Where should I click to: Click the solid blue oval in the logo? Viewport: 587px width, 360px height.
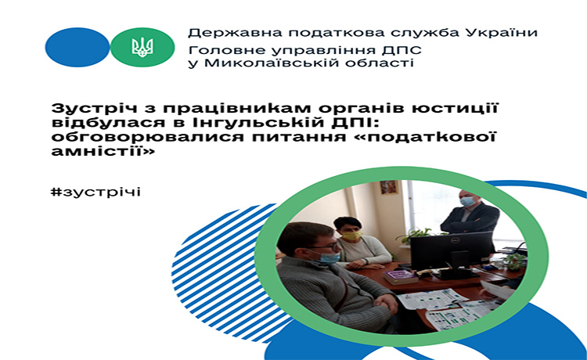pos(77,47)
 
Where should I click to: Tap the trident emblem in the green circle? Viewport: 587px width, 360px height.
pos(142,48)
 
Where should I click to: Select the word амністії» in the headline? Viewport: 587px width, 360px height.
pos(103,152)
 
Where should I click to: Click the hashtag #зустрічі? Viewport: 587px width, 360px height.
pos(95,192)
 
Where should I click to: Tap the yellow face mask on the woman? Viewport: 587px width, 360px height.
pos(353,236)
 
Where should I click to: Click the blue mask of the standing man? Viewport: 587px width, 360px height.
pos(467,202)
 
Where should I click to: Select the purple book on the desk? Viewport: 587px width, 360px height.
pos(400,277)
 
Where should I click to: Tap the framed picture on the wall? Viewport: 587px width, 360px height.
pos(388,187)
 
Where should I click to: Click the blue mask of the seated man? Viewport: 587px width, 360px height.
pos(328,257)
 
